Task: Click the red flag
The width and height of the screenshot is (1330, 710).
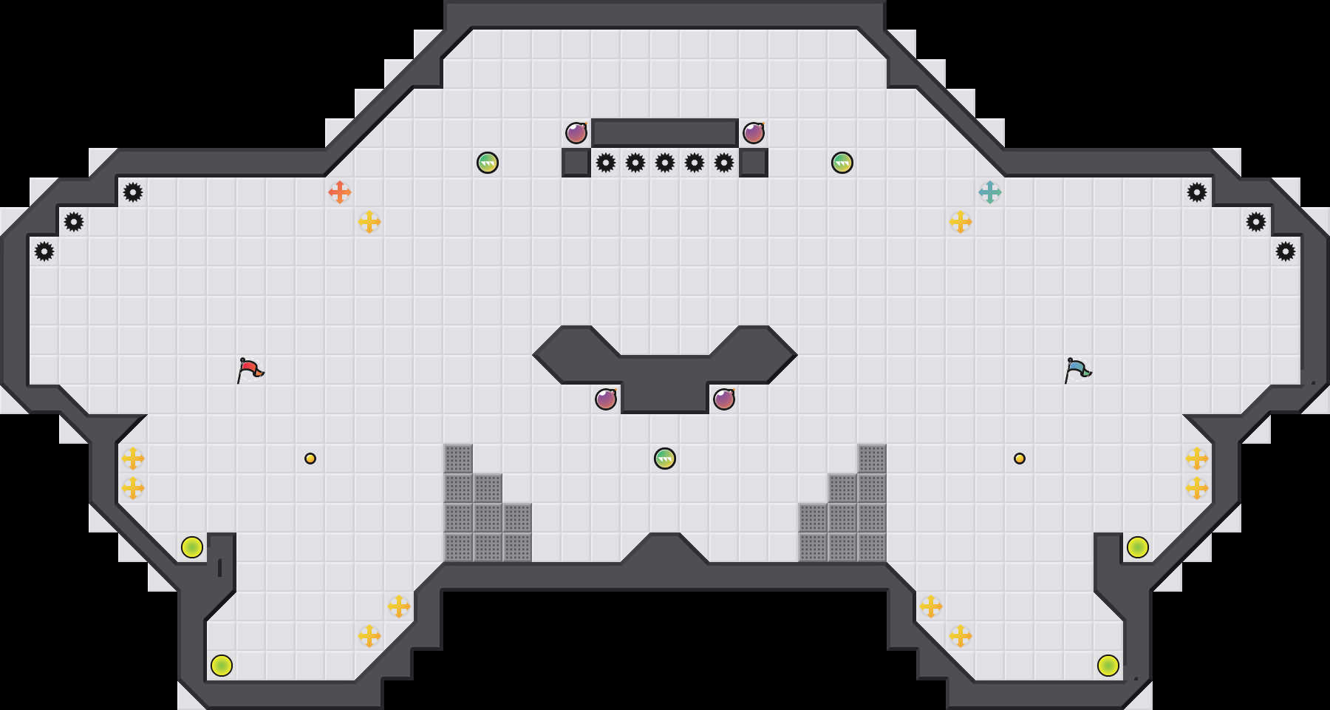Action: click(x=250, y=369)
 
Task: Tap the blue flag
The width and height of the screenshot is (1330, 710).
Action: click(x=1077, y=369)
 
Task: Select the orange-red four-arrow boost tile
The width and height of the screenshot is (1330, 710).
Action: click(x=340, y=192)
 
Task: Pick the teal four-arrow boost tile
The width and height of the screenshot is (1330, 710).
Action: click(x=990, y=192)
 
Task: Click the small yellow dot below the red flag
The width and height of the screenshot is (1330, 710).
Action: click(x=310, y=459)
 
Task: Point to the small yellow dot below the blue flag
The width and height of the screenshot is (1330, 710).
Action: click(x=1020, y=459)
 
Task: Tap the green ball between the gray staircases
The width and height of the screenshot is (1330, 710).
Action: click(x=665, y=459)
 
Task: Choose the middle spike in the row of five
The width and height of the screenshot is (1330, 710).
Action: click(x=665, y=163)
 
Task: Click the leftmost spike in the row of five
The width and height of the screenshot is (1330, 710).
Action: click(x=606, y=163)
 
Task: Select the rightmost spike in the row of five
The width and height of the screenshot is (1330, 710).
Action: click(x=724, y=163)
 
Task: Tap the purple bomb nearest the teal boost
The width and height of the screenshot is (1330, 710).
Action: click(x=754, y=133)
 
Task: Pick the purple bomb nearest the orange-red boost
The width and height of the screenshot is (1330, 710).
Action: click(x=576, y=133)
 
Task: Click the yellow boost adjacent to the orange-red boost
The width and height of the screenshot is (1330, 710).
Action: click(x=369, y=222)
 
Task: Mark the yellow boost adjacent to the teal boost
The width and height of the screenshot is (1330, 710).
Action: click(x=961, y=222)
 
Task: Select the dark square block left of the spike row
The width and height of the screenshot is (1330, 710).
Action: click(x=576, y=163)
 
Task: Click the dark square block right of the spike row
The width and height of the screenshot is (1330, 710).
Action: click(x=754, y=163)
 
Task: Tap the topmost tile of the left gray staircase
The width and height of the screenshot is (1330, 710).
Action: click(x=458, y=459)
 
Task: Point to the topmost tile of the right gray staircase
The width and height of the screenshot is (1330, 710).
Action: click(x=872, y=459)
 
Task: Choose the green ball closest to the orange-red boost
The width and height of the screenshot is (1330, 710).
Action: click(x=488, y=163)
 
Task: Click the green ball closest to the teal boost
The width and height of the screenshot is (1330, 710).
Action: click(x=842, y=163)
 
